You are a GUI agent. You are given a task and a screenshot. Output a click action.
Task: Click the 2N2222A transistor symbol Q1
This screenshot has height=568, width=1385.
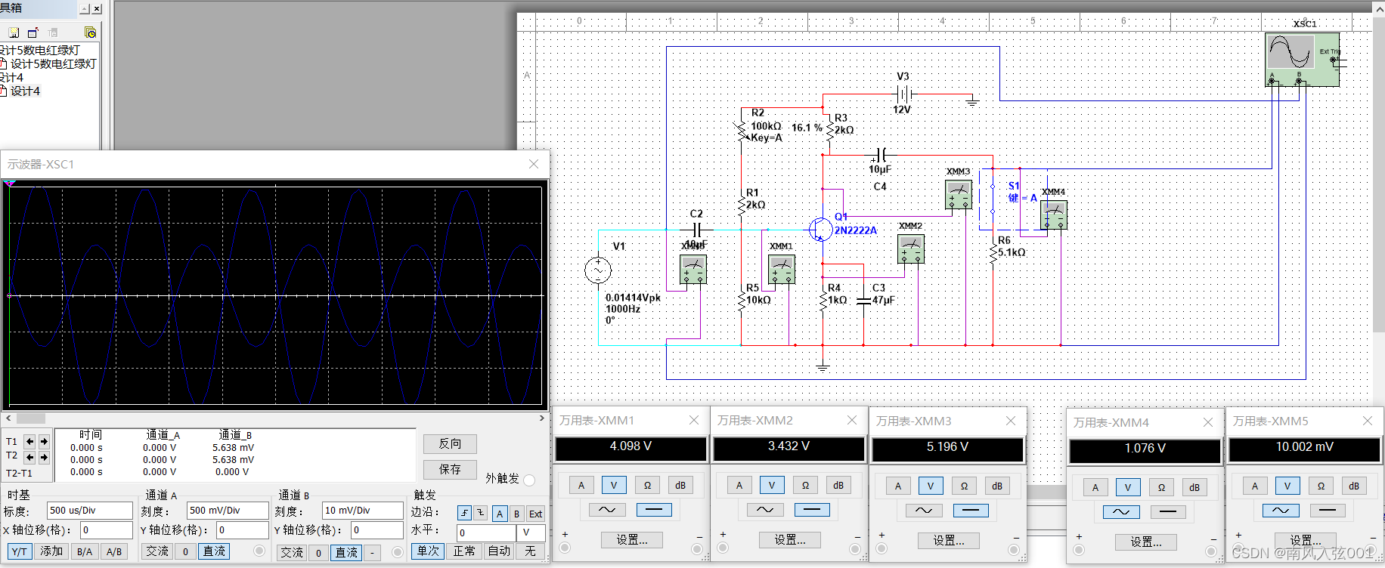click(820, 229)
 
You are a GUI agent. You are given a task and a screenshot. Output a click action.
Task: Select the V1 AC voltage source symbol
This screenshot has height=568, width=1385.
click(598, 270)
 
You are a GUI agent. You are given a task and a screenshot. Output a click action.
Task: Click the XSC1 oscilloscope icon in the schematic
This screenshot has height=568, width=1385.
click(1301, 59)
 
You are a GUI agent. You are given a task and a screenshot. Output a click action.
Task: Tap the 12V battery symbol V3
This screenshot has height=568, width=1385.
click(903, 94)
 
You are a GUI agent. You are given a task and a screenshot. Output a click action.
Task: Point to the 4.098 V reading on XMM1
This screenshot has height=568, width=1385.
click(631, 447)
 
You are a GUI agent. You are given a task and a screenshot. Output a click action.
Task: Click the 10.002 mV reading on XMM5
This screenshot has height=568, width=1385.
click(1304, 448)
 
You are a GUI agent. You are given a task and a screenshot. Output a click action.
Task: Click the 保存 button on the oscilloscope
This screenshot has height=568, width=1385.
click(450, 469)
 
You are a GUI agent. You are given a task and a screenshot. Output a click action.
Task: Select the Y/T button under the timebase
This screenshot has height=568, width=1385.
click(19, 551)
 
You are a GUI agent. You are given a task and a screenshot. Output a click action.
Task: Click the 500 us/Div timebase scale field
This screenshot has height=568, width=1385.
click(89, 510)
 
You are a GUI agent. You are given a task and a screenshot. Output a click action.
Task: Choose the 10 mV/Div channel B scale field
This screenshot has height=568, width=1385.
click(362, 510)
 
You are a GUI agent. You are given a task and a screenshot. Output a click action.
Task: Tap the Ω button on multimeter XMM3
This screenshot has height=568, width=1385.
click(964, 486)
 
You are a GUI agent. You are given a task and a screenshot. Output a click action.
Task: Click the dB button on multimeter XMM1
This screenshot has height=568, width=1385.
click(680, 486)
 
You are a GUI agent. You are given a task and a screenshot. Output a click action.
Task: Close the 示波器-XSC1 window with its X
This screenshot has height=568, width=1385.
click(534, 164)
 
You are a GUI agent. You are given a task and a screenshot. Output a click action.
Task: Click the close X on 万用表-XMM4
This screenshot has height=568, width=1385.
click(1208, 422)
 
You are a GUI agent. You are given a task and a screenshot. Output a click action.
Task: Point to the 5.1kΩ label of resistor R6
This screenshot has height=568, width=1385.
click(1012, 252)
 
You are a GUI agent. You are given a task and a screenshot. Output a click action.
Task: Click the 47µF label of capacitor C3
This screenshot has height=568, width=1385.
click(883, 300)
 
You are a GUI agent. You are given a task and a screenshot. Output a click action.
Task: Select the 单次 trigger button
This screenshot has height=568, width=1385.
click(428, 551)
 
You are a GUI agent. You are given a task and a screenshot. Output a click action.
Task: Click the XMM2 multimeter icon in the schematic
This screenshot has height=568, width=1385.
click(910, 248)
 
